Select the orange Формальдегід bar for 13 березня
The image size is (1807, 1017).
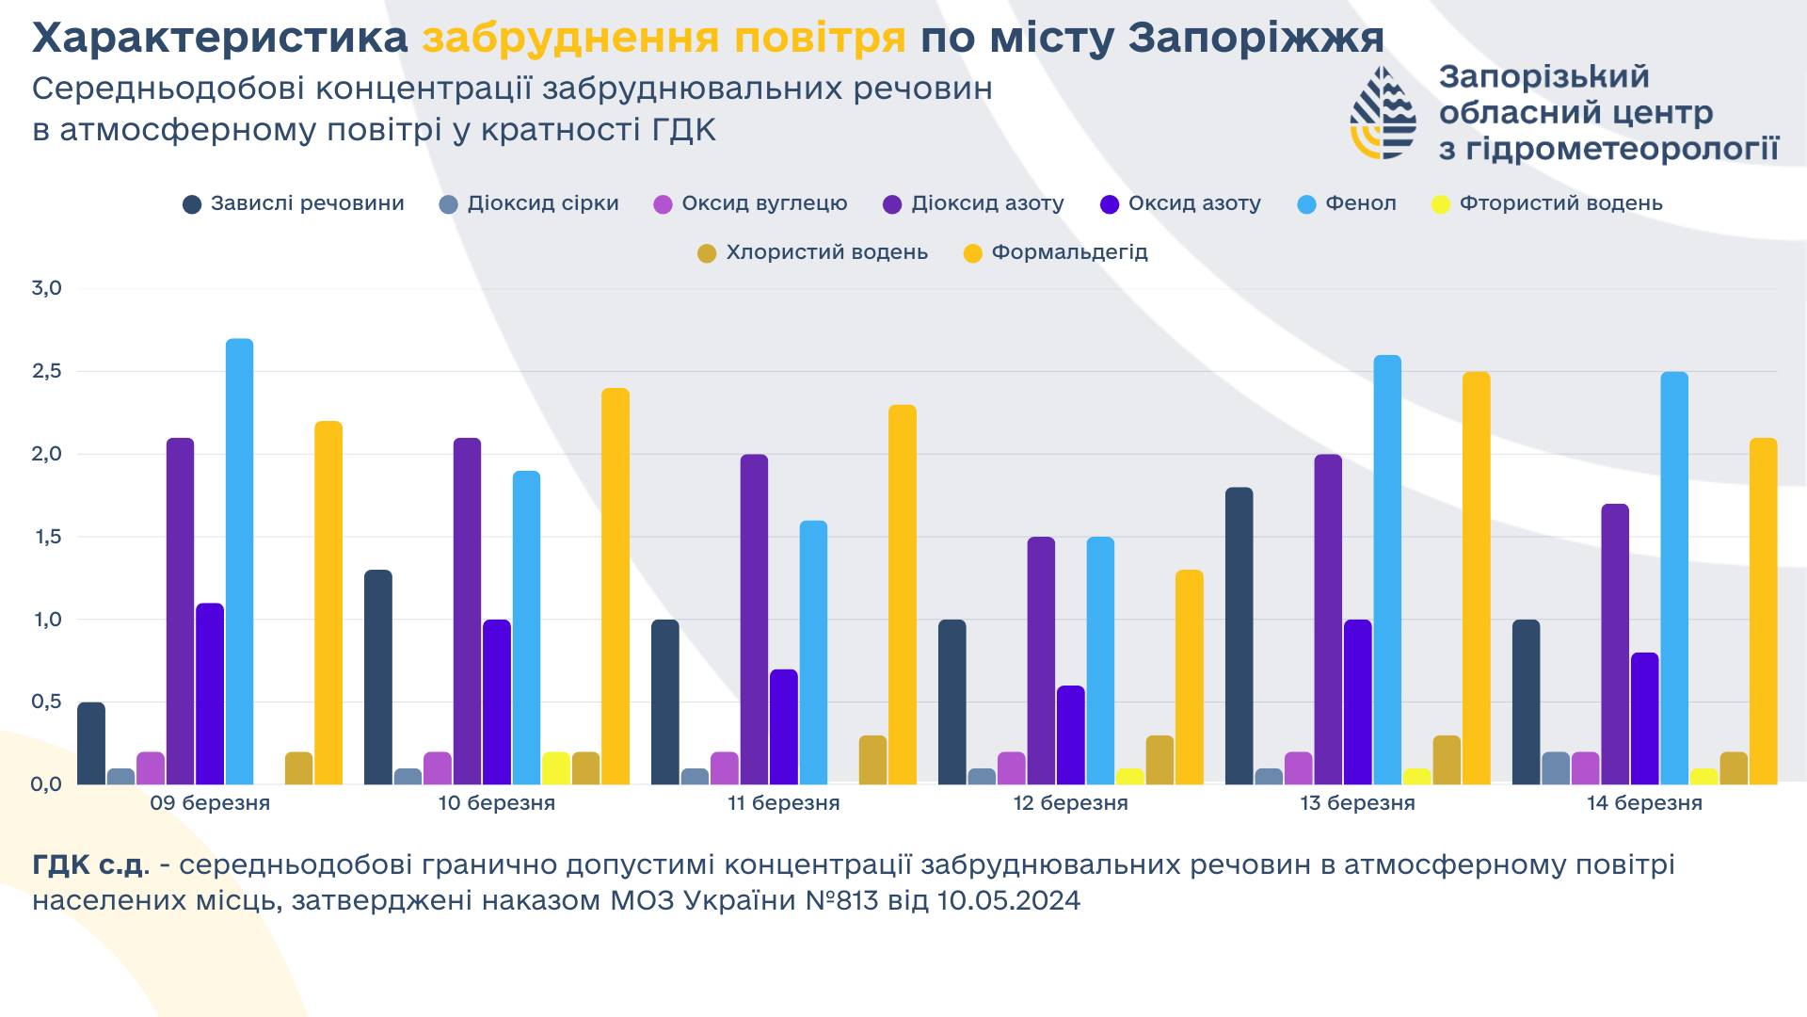click(1477, 578)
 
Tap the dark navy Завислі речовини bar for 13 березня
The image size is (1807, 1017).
click(1239, 636)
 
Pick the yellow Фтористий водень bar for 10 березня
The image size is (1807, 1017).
click(556, 768)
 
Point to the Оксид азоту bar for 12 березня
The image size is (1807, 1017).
click(1070, 735)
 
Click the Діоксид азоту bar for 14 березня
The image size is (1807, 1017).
click(1615, 644)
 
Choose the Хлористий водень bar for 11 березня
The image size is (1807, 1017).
click(872, 760)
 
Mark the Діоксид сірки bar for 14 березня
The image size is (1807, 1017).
click(1556, 768)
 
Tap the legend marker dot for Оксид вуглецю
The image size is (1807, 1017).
click(664, 204)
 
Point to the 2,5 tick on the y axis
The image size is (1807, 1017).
click(46, 371)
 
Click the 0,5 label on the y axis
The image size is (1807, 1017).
click(46, 702)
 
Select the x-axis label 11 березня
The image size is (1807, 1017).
click(783, 803)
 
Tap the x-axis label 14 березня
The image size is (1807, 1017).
click(1644, 803)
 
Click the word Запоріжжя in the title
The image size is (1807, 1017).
click(1255, 38)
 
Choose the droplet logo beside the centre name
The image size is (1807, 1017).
click(1383, 112)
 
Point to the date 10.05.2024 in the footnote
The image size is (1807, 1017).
click(1009, 901)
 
